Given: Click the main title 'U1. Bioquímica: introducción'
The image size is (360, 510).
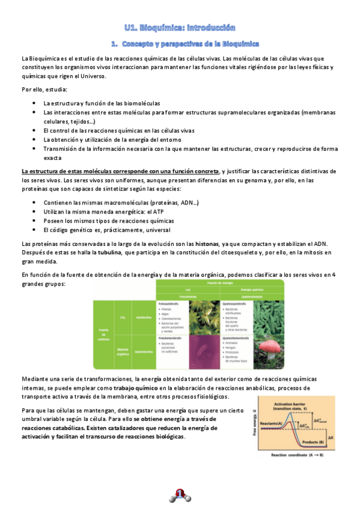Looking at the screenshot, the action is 180,28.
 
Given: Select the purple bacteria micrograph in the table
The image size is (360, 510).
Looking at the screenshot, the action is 204,349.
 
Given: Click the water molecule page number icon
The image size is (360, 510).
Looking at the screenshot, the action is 180,496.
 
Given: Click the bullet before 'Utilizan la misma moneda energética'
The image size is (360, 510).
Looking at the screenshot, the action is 37,212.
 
